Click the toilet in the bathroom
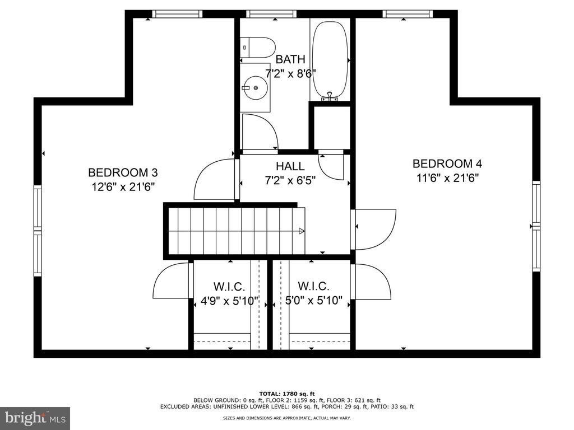257,47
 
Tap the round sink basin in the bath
256,88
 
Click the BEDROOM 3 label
123,172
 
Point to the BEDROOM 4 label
447,163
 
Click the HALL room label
290,166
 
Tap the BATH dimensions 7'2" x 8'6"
290,74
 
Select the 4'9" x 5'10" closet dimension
230,301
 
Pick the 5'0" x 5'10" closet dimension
314,301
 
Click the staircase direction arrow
302,231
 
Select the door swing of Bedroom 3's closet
172,281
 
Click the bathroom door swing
260,131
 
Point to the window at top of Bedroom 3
177,14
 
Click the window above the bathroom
271,14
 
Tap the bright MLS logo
35,418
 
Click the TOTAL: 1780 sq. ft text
287,394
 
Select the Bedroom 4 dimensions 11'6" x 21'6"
447,178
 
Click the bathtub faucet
330,96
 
